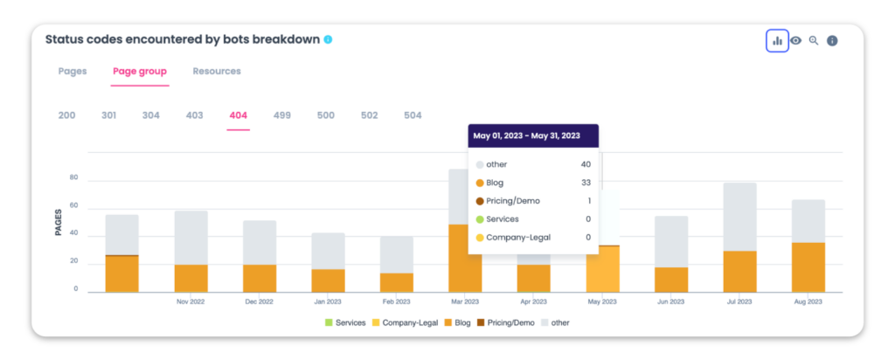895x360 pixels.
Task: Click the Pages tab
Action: pyautogui.click(x=73, y=72)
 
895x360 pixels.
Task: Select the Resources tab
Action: pyautogui.click(x=217, y=72)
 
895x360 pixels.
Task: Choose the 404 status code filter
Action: pyautogui.click(x=238, y=115)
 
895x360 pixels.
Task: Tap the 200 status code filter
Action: pyautogui.click(x=66, y=115)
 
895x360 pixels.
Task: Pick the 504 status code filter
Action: pyautogui.click(x=413, y=115)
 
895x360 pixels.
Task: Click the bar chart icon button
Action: pyautogui.click(x=777, y=41)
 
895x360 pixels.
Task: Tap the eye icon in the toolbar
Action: pyautogui.click(x=796, y=41)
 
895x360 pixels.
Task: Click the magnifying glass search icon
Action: pyautogui.click(x=814, y=41)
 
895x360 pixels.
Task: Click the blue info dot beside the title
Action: pyautogui.click(x=328, y=39)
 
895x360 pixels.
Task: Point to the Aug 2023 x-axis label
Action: pyautogui.click(x=808, y=301)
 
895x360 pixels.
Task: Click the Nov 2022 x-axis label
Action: pyautogui.click(x=191, y=301)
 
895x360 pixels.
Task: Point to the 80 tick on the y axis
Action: pyautogui.click(x=74, y=178)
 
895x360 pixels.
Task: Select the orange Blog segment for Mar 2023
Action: pyautogui.click(x=465, y=259)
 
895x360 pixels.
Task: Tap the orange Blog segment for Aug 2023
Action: pyautogui.click(x=808, y=267)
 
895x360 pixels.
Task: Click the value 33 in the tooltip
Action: pyautogui.click(x=585, y=183)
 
